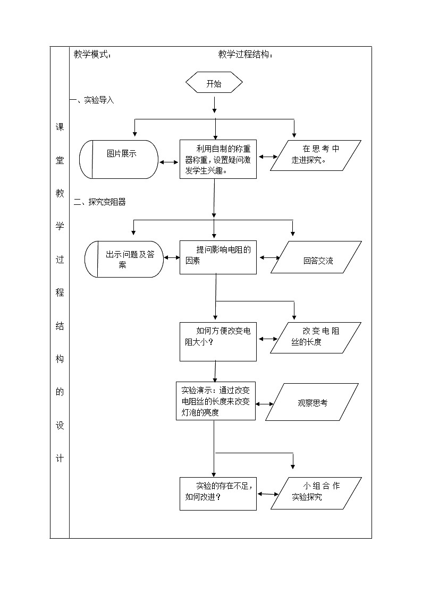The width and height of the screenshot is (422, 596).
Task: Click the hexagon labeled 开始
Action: [x=214, y=83]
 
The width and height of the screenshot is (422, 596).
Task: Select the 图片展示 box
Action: [x=119, y=159]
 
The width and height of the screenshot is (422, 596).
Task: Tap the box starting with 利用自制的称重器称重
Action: [x=218, y=159]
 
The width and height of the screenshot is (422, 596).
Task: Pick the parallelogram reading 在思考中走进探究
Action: [x=315, y=155]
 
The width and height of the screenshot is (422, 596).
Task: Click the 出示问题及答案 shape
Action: [x=124, y=259]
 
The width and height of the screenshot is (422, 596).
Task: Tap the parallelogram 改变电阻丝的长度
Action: [x=316, y=337]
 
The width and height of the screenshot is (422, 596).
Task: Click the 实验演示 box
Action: [x=215, y=401]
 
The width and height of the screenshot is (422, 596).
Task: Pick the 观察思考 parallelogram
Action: [x=311, y=403]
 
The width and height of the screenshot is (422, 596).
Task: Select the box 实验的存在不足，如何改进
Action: [x=218, y=494]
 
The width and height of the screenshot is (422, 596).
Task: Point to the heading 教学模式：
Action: [x=92, y=55]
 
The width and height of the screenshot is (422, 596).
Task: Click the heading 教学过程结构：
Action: [x=246, y=55]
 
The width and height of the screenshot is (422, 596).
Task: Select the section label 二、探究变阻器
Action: [x=100, y=202]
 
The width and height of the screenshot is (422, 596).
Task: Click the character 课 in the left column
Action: [x=60, y=128]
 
